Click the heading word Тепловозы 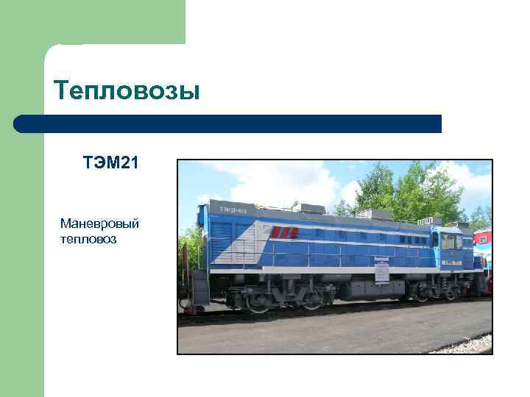pos(127,90)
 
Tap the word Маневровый pos(100,223)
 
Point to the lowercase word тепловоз pos(88,240)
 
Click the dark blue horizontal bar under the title pos(228,124)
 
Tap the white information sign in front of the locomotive pos(381,271)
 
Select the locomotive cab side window pos(447,241)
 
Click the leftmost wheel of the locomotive pos(258,301)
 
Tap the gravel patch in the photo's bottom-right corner pos(471,344)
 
